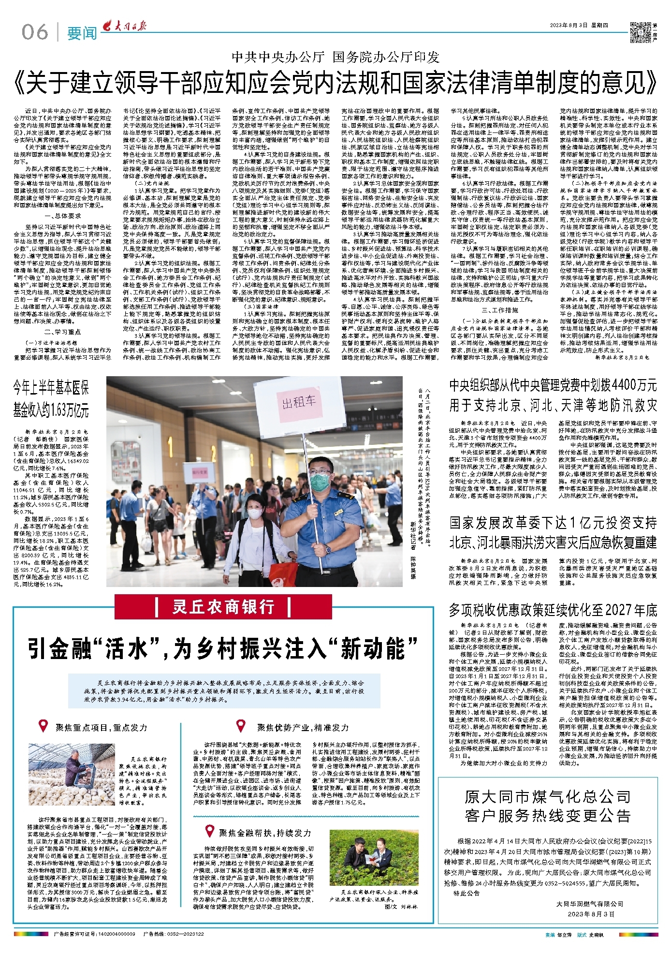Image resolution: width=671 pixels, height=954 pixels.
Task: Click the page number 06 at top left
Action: [x=35, y=32]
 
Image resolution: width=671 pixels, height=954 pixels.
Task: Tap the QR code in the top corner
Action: [x=641, y=32]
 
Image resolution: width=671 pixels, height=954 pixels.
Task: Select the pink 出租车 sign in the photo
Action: [x=299, y=402]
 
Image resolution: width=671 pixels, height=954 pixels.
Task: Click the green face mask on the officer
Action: [x=319, y=482]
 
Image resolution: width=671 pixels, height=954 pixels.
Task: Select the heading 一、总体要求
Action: [x=63, y=216]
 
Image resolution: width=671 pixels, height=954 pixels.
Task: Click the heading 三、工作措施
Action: [x=499, y=310]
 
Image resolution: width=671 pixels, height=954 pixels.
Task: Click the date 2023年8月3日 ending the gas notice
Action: [x=591, y=914]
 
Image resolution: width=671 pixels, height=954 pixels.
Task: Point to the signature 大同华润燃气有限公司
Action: [x=590, y=904]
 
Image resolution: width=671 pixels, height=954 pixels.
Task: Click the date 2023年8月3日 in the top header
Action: [x=568, y=26]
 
